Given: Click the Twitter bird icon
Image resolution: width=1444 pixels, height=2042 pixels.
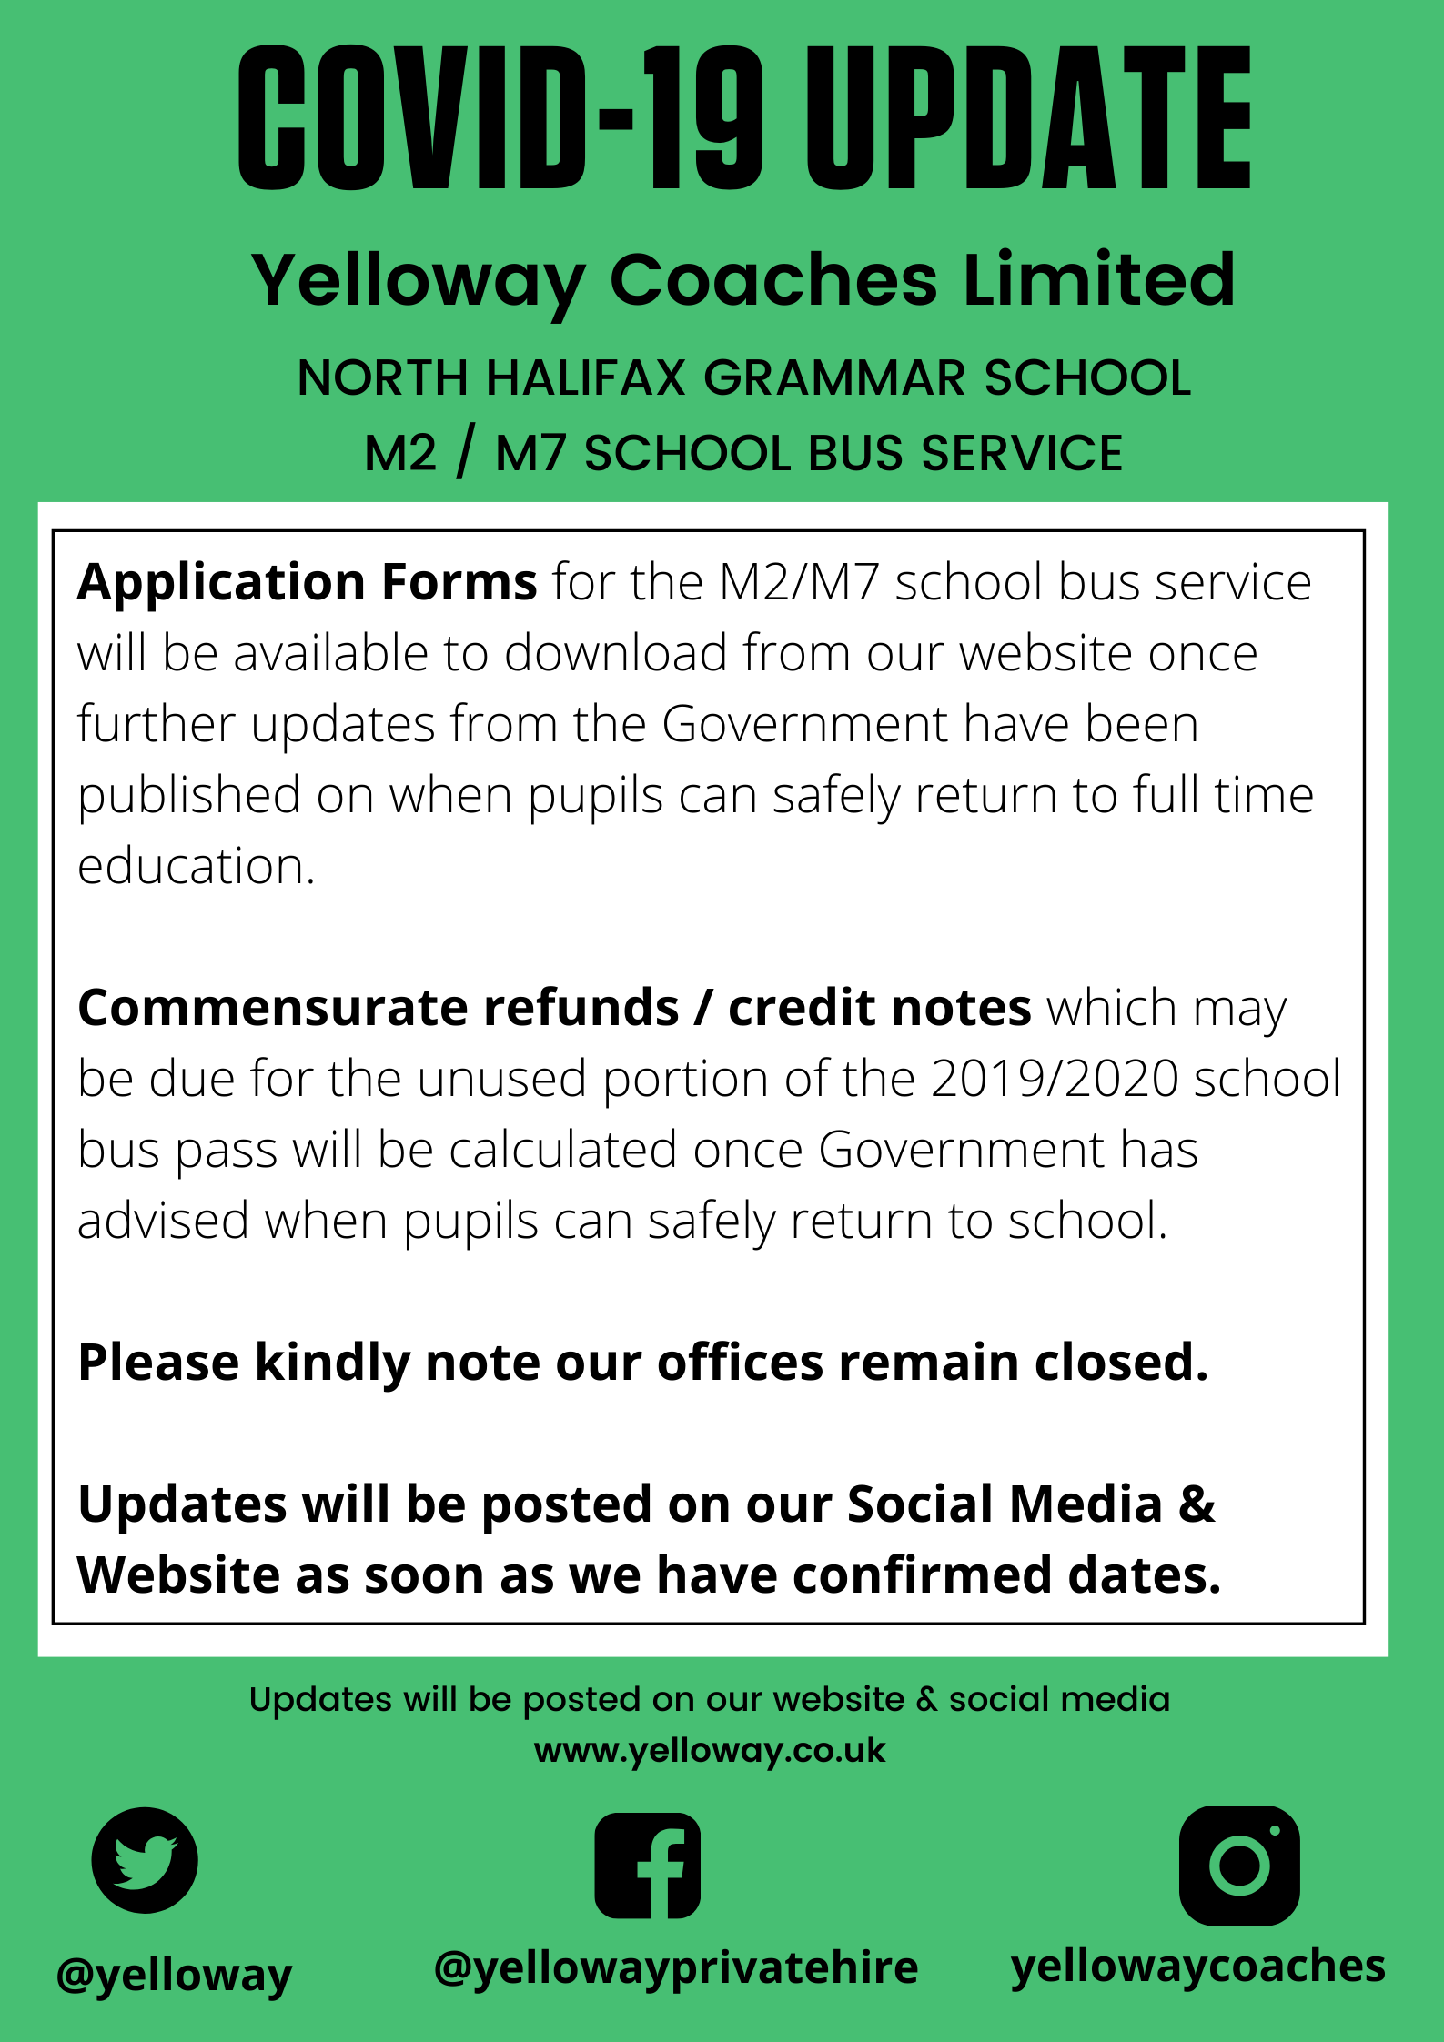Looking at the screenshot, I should [145, 1860].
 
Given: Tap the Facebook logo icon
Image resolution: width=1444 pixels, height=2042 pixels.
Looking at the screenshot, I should [647, 1865].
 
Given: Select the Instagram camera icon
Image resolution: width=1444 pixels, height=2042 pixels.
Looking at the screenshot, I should [1238, 1865].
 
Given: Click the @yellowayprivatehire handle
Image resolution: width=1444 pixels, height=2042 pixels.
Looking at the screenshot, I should [676, 1967].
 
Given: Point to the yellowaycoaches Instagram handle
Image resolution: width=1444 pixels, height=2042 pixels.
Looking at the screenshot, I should [1198, 1966].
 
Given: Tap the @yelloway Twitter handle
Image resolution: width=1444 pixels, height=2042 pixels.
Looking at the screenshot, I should [174, 1975].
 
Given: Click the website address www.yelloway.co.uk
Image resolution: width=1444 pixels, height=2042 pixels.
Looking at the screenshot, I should [710, 1751].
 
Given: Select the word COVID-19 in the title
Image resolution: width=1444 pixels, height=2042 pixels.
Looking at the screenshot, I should [500, 118].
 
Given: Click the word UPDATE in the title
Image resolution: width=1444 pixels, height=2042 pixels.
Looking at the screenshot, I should [1029, 118].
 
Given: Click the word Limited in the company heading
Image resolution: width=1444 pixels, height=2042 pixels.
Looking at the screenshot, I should [1099, 280].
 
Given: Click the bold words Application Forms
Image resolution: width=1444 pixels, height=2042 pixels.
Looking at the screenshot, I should [307, 582].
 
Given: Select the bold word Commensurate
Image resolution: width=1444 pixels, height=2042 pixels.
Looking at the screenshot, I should [272, 1008].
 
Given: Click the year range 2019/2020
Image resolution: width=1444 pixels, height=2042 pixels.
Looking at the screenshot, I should [1055, 1079].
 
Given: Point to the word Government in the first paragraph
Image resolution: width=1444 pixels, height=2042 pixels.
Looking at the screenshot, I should [804, 725].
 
